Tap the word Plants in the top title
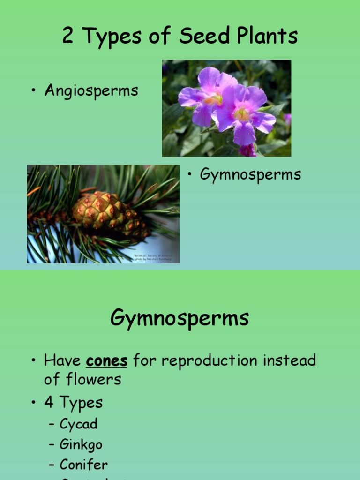(x=265, y=36)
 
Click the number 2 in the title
(x=67, y=36)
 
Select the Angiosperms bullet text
(x=91, y=90)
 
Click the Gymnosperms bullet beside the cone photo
(x=250, y=174)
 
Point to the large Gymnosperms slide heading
(x=180, y=319)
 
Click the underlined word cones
(x=107, y=360)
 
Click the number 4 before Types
(x=49, y=402)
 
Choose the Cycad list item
(x=78, y=424)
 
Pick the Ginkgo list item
(x=81, y=444)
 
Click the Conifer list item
(x=83, y=465)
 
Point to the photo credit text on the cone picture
(x=153, y=257)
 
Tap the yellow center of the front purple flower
(x=242, y=114)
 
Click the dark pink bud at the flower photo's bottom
(x=247, y=150)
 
